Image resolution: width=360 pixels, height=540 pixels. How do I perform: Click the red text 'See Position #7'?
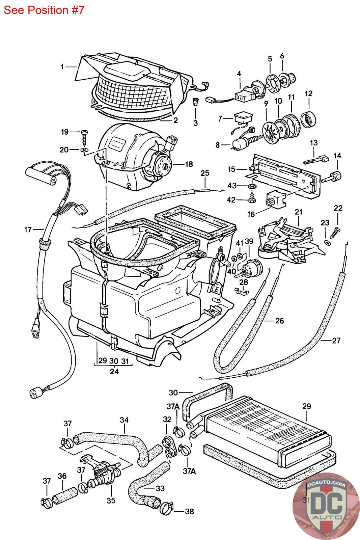point(44,10)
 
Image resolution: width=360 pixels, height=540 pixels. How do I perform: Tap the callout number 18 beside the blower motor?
point(189,164)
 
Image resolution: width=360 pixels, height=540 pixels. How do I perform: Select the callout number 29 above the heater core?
point(306,406)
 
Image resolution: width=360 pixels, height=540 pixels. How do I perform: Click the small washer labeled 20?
point(84,150)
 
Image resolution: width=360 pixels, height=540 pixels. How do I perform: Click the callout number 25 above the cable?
point(205,173)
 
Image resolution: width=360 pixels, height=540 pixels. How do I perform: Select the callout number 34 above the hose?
point(124,421)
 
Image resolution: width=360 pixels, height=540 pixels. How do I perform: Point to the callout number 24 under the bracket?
point(114,372)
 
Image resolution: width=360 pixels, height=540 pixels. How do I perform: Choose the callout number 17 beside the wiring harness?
point(28,230)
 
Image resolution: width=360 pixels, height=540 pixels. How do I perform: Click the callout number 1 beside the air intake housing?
point(62,67)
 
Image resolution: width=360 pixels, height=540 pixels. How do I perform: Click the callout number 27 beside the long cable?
point(336,340)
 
